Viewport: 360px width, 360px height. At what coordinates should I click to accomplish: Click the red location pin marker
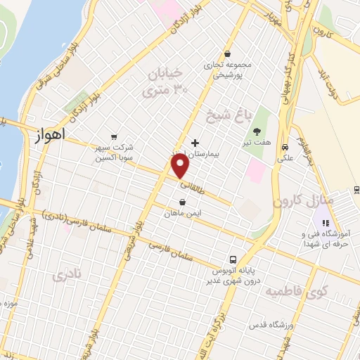181,166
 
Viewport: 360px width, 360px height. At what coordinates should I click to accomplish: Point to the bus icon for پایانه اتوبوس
233,258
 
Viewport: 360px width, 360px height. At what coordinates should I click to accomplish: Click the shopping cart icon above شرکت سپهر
113,137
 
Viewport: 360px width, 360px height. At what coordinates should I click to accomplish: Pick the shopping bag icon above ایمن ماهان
182,202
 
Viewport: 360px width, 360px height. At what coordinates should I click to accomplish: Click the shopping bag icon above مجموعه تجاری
226,53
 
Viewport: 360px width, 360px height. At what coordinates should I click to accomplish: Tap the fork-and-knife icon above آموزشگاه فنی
325,223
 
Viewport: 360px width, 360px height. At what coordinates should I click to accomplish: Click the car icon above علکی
285,148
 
